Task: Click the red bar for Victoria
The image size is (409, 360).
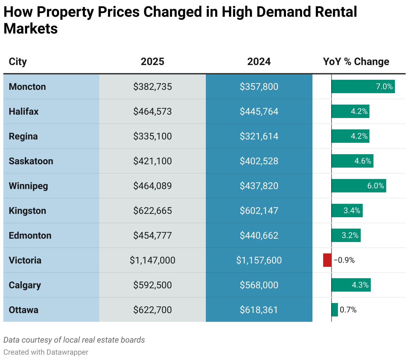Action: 327,260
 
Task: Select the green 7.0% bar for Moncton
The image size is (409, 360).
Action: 363,86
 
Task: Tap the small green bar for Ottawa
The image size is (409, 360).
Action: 335,310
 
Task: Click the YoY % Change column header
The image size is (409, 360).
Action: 356,62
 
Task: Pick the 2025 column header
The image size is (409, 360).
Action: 153,62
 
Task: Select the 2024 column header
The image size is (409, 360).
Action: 259,62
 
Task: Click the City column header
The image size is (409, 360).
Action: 18,62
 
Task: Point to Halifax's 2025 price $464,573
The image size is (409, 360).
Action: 153,111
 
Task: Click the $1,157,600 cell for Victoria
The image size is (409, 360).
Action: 259,260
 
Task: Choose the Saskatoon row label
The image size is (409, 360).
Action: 31,161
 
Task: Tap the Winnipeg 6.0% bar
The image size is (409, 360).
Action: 359,186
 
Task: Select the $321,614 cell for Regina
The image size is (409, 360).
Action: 259,136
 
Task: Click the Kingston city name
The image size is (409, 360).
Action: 27,211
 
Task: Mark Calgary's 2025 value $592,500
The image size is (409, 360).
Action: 153,285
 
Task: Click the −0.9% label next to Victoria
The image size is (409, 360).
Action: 344,260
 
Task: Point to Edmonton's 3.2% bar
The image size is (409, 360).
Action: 346,235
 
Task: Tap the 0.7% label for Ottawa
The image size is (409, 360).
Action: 348,310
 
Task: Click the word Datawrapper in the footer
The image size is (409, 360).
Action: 67,352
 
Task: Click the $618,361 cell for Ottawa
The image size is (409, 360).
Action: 259,310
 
